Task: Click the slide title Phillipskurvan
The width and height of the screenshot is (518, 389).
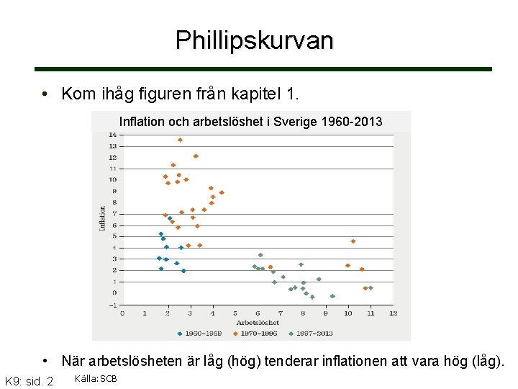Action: [x=255, y=40]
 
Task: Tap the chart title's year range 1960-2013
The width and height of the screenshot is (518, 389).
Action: [x=353, y=122]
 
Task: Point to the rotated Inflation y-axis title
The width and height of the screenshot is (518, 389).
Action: [x=101, y=218]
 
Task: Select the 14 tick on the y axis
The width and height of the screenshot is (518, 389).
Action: [x=112, y=135]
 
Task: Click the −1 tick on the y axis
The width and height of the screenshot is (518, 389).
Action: [x=112, y=305]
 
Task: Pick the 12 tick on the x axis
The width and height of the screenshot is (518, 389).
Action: [x=393, y=313]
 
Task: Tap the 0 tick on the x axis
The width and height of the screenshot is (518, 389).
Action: [x=122, y=313]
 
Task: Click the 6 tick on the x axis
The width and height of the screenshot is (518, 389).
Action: [x=258, y=313]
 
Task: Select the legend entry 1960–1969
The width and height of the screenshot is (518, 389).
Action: [x=200, y=334]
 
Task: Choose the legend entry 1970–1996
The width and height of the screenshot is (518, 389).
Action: [x=257, y=334]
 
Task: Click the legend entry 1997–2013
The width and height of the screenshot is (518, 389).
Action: [x=312, y=334]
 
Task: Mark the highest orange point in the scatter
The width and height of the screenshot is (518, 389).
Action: [x=180, y=140]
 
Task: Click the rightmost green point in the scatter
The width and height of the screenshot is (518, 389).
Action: [x=371, y=288]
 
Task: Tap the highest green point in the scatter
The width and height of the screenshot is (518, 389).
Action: [x=260, y=255]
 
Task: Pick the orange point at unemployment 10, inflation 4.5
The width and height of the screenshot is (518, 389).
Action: [x=353, y=241]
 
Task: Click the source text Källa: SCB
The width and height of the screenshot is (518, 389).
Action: [x=96, y=379]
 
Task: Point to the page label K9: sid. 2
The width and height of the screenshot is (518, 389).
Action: [x=29, y=380]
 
